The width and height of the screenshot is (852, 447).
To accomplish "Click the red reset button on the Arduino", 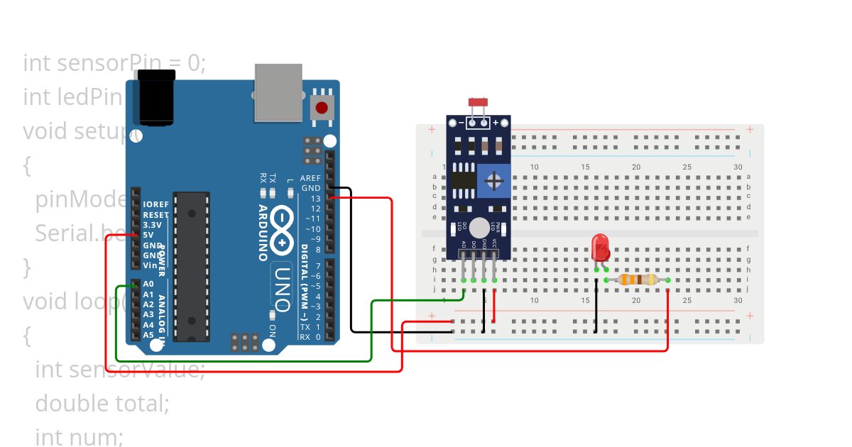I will point(322,108).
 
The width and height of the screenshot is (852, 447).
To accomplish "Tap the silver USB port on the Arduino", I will point(278,92).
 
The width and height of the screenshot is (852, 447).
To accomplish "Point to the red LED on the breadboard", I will point(601,248).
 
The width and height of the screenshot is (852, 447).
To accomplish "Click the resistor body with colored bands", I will point(637,280).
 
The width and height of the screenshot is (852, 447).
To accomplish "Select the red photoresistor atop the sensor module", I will point(478,103).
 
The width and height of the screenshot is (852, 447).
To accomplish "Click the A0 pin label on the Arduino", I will point(148,284).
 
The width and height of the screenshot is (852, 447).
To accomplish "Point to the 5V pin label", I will point(148,235).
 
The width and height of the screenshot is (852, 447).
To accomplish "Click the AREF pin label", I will point(310,178).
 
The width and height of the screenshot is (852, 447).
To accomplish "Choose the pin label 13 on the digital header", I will point(315,199).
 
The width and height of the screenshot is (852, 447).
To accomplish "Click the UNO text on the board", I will point(282,289).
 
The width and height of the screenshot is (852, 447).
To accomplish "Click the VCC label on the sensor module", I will point(494,243).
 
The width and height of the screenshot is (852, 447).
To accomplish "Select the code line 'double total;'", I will point(102,403).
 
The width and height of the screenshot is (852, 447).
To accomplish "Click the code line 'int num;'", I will point(79,436).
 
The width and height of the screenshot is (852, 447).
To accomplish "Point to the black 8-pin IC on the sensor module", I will point(463,177).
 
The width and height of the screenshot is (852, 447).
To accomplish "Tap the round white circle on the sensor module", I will point(479,227).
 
